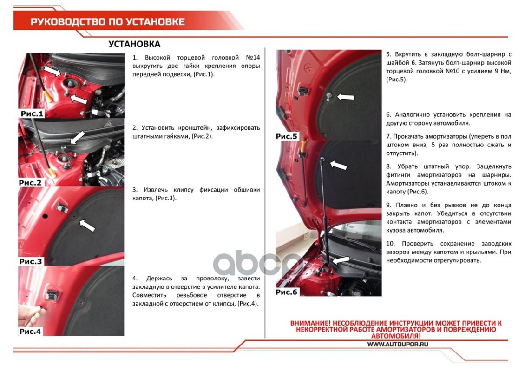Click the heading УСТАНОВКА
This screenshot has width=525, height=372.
[x=134, y=44]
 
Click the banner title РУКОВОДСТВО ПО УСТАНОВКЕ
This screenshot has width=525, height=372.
[x=107, y=22]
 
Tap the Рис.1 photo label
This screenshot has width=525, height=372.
[x=32, y=113]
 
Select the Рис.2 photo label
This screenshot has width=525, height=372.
[x=30, y=183]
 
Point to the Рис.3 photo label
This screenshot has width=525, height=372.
[x=31, y=261]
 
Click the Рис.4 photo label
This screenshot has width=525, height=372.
[x=30, y=332]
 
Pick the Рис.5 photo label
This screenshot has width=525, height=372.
[x=286, y=136]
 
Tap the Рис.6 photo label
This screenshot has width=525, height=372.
[x=286, y=292]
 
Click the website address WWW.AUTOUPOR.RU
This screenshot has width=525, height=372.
[x=397, y=344]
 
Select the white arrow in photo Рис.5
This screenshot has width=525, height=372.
[x=346, y=97]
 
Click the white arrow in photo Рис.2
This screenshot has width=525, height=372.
[x=77, y=137]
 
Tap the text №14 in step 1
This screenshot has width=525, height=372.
[x=253, y=58]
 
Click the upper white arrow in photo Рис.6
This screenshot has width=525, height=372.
[x=339, y=165]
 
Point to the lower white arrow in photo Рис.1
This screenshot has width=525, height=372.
[x=79, y=99]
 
